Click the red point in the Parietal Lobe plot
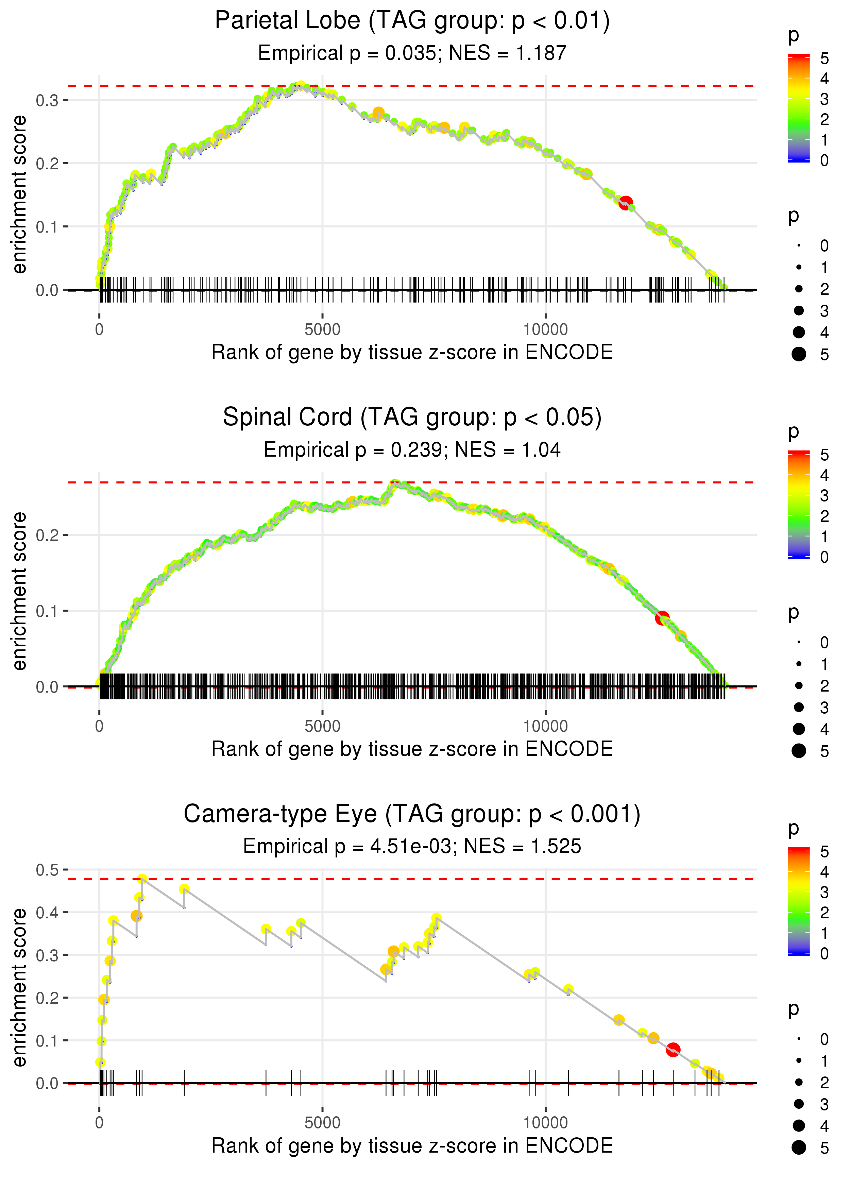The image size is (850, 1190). [x=626, y=203]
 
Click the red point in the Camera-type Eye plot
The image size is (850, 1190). [x=673, y=1049]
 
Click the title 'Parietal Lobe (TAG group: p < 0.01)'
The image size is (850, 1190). [x=412, y=21]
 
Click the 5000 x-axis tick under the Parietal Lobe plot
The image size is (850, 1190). [x=322, y=330]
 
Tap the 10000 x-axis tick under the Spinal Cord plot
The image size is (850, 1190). [x=545, y=726]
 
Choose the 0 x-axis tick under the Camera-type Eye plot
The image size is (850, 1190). [x=99, y=1123]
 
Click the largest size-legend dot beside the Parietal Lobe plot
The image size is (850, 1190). [x=799, y=354]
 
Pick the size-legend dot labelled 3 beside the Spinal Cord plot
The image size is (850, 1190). [x=799, y=707]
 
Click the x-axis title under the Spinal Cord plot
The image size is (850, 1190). [x=412, y=749]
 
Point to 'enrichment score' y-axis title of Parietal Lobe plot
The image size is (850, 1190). [x=19, y=195]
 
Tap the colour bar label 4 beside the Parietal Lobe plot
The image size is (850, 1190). [x=825, y=79]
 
